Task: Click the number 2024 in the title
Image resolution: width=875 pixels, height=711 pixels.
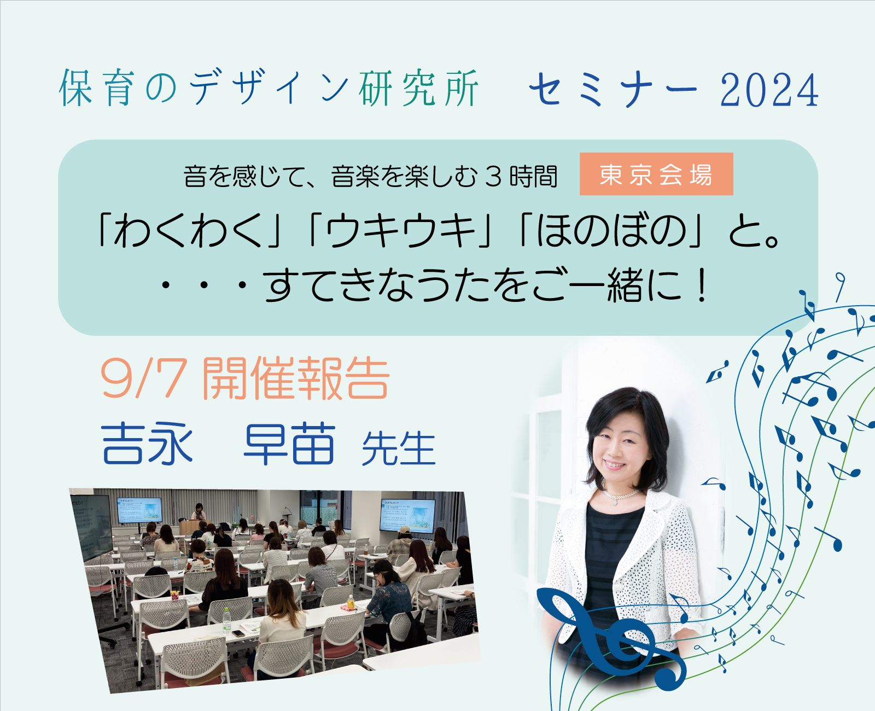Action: coord(769,90)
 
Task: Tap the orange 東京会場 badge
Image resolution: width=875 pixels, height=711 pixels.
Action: coord(656,174)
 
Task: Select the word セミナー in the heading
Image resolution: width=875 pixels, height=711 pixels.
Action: coord(614,90)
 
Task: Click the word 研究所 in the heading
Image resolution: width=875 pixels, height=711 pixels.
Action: coord(418,88)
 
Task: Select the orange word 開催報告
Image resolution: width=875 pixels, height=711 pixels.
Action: coord(295,378)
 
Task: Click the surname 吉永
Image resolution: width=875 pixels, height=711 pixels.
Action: coord(147,444)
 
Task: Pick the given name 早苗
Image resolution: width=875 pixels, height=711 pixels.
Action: coord(289,444)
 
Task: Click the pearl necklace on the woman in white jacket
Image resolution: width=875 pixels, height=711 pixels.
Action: coord(620,495)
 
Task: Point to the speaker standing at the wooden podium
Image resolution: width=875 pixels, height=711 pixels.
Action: coord(199,512)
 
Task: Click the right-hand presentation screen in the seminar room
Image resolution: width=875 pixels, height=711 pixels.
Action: coord(407,516)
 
